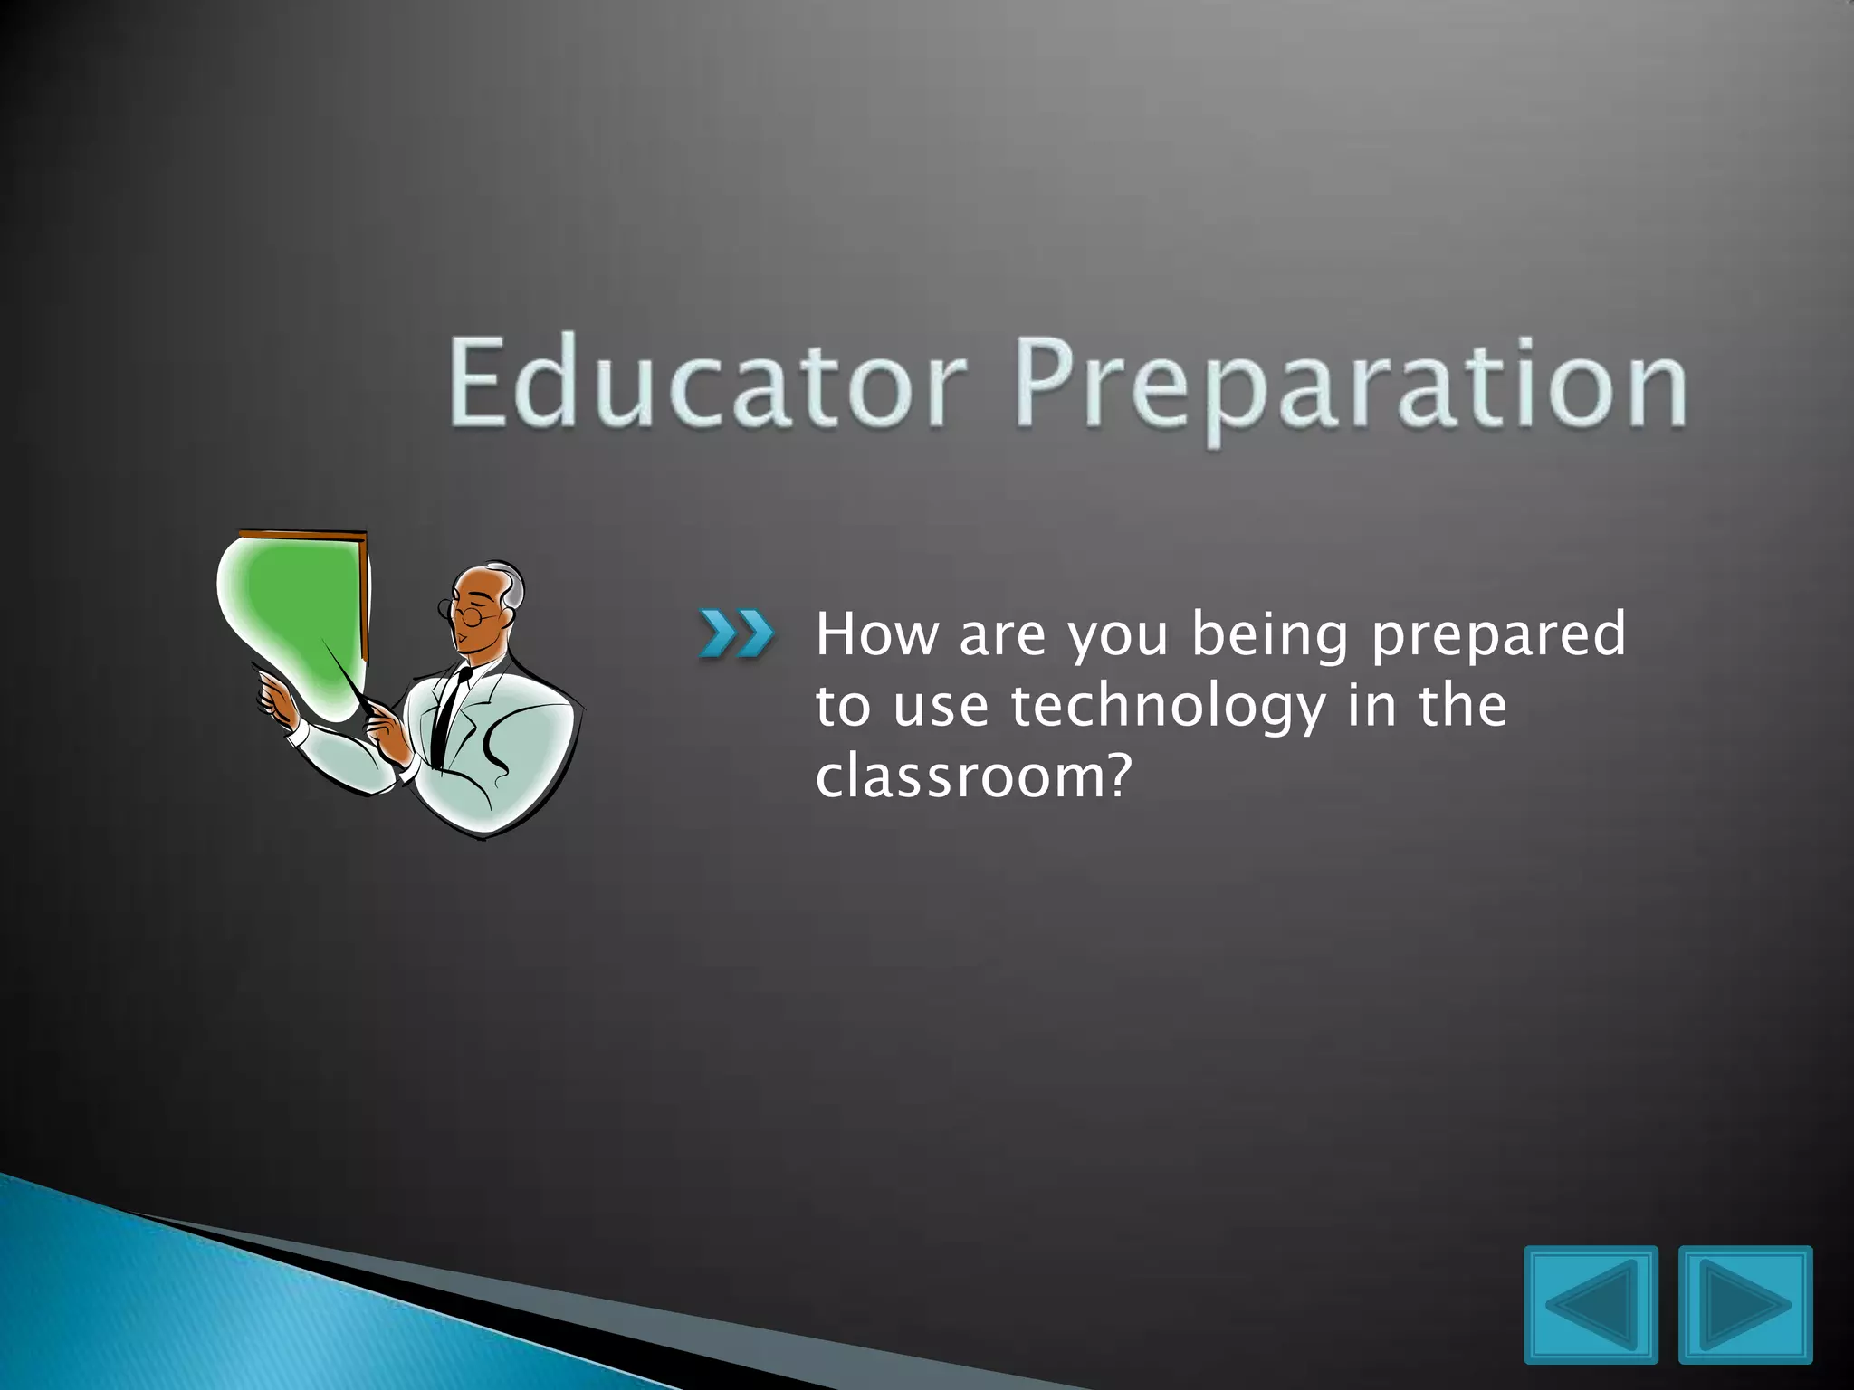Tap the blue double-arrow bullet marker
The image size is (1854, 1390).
[x=736, y=633]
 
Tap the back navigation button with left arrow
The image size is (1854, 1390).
[x=1591, y=1304]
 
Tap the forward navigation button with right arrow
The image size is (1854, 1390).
[x=1745, y=1304]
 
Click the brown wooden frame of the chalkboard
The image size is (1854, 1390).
[x=363, y=597]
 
